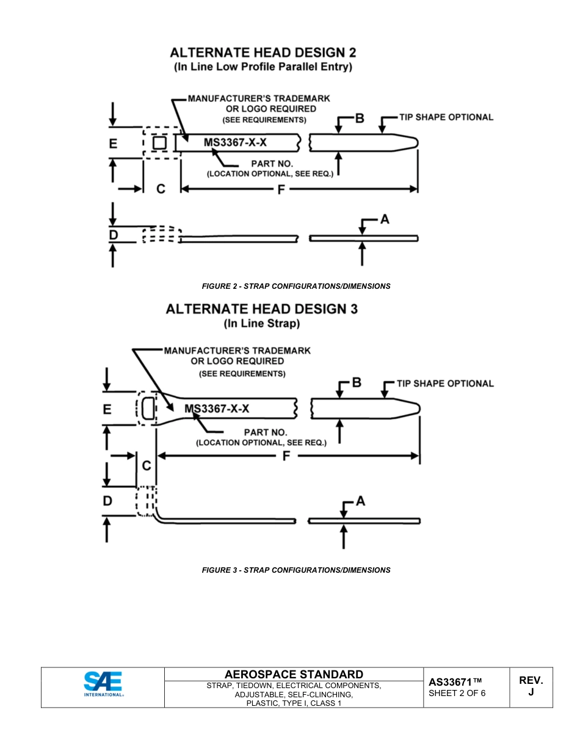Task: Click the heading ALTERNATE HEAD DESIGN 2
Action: [263, 53]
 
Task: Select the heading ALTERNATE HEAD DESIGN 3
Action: [262, 309]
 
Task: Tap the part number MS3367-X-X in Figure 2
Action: [235, 143]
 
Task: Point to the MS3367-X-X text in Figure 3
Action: [217, 408]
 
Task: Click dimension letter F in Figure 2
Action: [281, 190]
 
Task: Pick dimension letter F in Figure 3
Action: [286, 456]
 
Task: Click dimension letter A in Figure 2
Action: [385, 219]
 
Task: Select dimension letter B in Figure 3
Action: [357, 383]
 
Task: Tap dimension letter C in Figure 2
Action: [161, 189]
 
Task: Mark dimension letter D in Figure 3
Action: [107, 501]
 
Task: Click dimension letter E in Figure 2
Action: [113, 144]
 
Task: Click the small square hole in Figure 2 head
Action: [159, 143]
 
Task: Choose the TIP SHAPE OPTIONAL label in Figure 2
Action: [446, 117]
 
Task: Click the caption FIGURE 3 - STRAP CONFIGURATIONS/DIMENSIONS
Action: [296, 570]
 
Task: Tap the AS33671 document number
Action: [455, 682]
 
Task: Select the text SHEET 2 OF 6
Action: [457, 694]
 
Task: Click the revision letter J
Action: [531, 692]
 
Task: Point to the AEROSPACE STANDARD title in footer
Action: [294, 675]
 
